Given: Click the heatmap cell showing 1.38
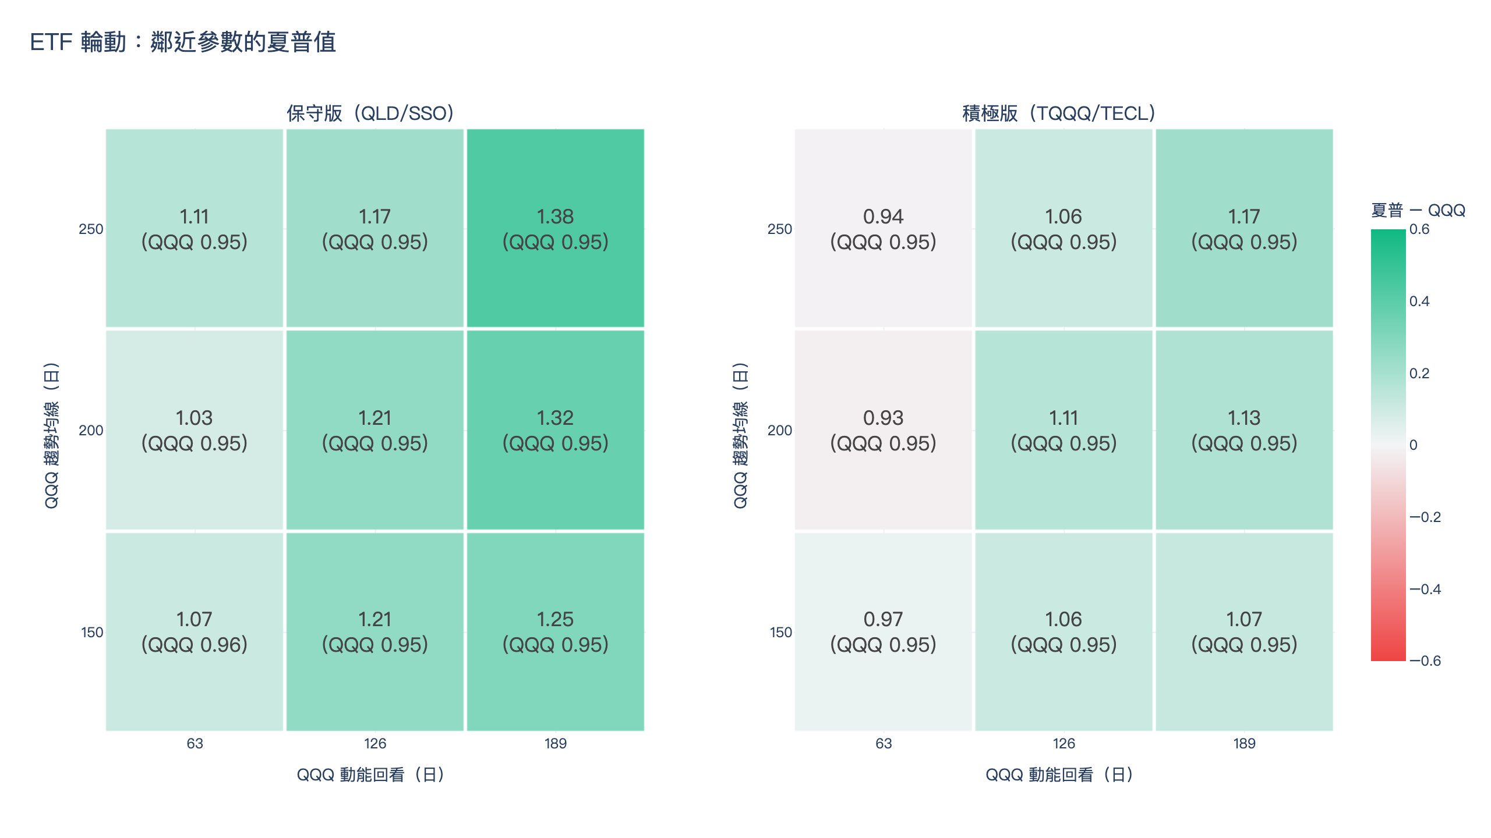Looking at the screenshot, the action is (556, 228).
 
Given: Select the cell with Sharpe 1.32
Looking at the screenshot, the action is (556, 430).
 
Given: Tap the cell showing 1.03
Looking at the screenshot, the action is (195, 430).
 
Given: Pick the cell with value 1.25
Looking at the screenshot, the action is (556, 631).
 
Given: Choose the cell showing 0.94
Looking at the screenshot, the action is (884, 228).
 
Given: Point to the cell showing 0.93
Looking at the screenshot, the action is (884, 430).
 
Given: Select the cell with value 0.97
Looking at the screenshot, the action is (884, 631).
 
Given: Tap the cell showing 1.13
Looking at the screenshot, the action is (1245, 430).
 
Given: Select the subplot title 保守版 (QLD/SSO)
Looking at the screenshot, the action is (370, 113).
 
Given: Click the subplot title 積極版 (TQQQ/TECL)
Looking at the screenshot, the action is (1059, 113).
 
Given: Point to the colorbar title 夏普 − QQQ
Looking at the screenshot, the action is (1418, 210).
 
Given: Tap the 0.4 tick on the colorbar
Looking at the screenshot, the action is (1419, 301).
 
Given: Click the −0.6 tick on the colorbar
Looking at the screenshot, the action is (1425, 661).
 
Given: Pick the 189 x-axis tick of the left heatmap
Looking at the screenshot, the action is (556, 744).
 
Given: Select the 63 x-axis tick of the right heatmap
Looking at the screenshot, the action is (884, 744).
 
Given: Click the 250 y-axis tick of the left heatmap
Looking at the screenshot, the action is (91, 229).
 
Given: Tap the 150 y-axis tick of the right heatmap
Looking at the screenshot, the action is (780, 633).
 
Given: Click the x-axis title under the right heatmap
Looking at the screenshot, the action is (1059, 775).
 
